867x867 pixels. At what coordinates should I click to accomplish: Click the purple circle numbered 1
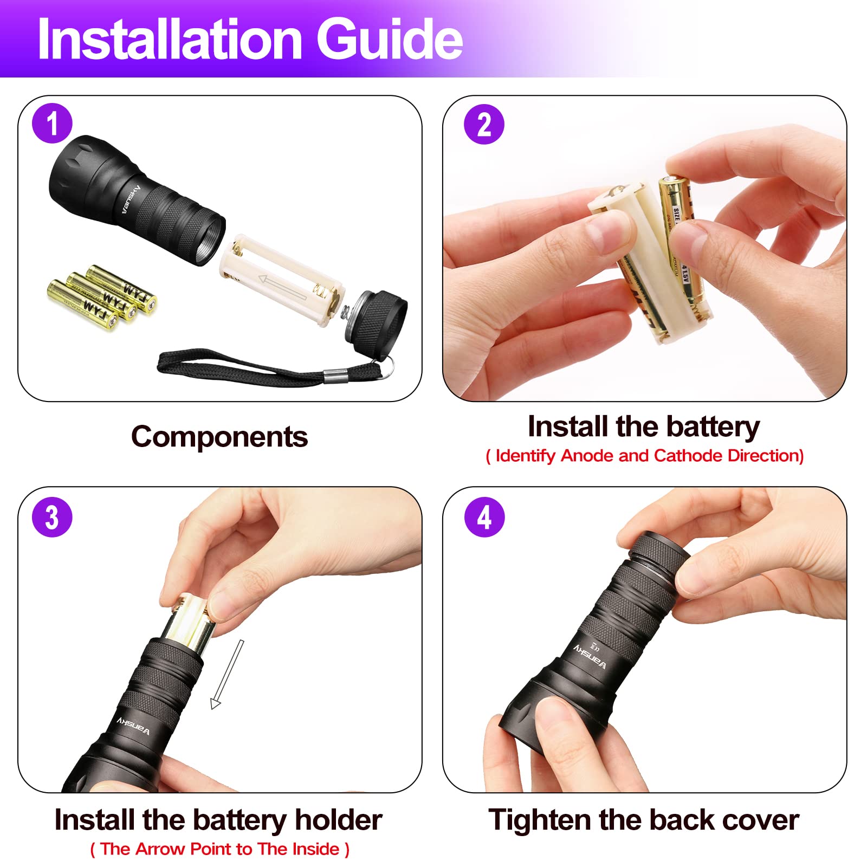coord(52,124)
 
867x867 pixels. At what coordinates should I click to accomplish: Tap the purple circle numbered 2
coord(484,124)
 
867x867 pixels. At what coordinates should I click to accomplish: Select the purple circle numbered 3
coord(52,517)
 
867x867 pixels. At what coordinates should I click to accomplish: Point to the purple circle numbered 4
coord(484,517)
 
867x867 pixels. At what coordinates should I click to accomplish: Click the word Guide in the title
coord(389,39)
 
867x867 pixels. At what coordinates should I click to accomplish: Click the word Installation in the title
coord(170,39)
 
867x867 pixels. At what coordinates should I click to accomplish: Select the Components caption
coord(219,437)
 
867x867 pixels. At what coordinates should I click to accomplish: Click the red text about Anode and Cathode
coord(644,456)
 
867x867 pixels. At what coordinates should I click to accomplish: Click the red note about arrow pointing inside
coord(219,849)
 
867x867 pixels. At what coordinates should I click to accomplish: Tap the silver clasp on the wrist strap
coord(335,375)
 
